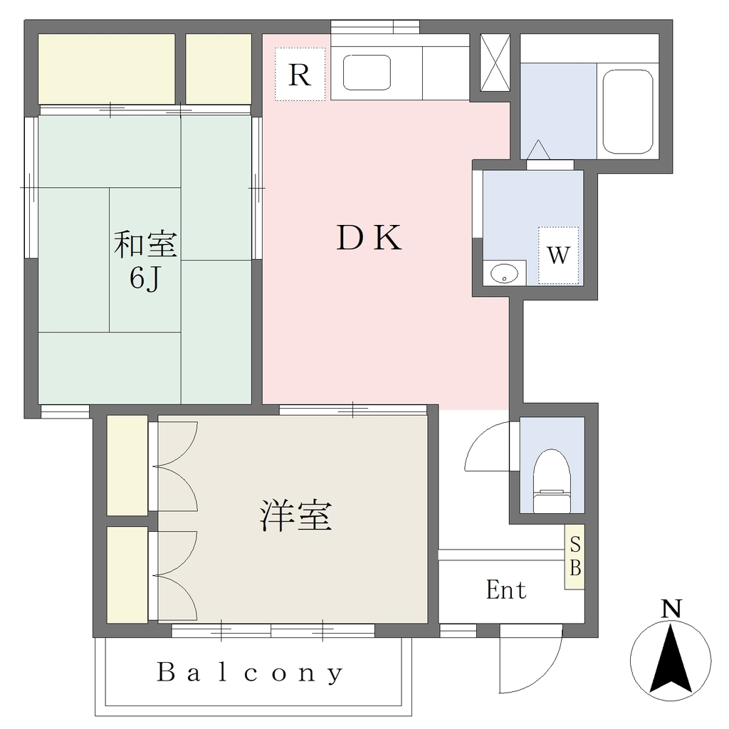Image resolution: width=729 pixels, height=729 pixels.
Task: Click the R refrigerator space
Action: click(x=300, y=74)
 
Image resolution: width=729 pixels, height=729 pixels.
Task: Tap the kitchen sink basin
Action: click(x=367, y=73)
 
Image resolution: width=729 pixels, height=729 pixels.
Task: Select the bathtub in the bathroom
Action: click(x=628, y=112)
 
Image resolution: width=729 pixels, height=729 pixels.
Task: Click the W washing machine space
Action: click(x=558, y=256)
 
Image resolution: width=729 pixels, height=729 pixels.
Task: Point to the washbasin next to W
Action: click(x=505, y=273)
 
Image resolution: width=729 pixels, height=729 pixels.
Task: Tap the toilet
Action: click(x=552, y=481)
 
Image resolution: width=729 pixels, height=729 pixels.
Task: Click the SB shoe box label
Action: click(x=575, y=556)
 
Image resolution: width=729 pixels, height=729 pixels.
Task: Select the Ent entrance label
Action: click(x=506, y=590)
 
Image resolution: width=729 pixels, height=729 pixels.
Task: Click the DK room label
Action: click(x=369, y=238)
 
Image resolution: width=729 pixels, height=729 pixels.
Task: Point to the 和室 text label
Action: click(x=145, y=245)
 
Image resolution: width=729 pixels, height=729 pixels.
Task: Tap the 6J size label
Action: click(x=145, y=279)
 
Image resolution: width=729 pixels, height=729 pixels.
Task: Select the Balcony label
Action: click(x=250, y=673)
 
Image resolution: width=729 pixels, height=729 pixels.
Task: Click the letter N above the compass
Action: click(x=671, y=609)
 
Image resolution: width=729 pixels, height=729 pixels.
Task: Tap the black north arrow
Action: click(x=671, y=659)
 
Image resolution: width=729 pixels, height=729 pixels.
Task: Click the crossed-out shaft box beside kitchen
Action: click(x=495, y=63)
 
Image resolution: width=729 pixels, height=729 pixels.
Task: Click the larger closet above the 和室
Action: click(x=107, y=69)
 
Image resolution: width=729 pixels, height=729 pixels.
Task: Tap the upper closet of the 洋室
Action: click(x=127, y=466)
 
